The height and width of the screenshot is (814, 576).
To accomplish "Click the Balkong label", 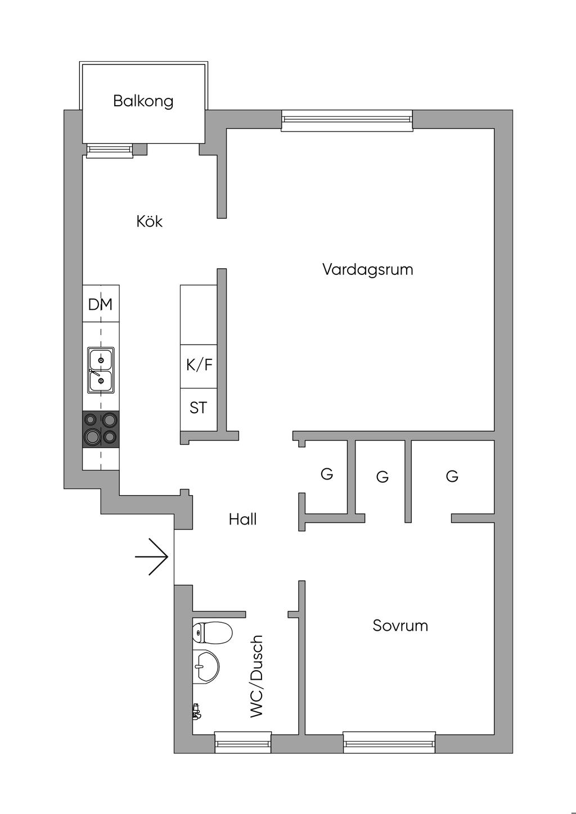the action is pos(143,101).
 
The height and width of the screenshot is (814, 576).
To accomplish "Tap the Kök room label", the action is pos(150,221).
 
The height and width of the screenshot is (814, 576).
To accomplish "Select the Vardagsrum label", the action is pos(368,270).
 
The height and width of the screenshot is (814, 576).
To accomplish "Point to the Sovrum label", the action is pos(400,626).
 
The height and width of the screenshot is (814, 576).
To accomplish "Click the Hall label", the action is pos(242,519).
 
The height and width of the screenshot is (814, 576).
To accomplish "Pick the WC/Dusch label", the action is pos(256,676).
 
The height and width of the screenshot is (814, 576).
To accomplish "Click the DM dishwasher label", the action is pos(100,304).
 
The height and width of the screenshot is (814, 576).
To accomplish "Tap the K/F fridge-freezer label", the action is pos(199,364).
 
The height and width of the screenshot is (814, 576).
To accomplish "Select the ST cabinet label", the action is pos(198,408).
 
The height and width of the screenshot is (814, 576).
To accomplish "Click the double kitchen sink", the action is pos(101,370).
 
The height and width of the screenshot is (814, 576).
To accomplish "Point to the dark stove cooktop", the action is pos(101,429).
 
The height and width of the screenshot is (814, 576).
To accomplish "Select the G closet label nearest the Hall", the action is pos(327,474).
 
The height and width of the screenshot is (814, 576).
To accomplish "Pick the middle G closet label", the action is pos(382,476).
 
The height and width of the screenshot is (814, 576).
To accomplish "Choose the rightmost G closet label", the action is pos(452,476).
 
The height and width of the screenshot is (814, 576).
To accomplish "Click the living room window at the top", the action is pos(347,120).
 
